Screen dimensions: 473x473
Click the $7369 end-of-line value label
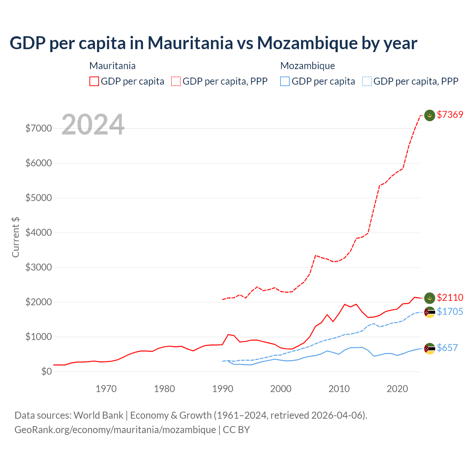(450, 115)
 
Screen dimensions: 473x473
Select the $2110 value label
(450, 297)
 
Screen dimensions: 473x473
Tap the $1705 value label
(450, 312)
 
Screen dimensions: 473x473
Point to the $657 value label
(447, 348)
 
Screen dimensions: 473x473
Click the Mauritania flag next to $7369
(429, 115)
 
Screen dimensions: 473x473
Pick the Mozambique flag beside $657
(429, 348)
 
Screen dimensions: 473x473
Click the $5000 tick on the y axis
(38, 198)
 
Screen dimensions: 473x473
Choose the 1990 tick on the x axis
(223, 389)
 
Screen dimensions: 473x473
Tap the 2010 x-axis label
(339, 389)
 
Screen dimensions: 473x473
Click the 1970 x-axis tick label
(106, 389)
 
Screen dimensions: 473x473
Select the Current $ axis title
(16, 237)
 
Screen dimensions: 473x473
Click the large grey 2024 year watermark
(93, 125)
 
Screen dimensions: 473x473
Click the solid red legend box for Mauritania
(94, 81)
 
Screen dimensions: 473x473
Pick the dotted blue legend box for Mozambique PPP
(367, 81)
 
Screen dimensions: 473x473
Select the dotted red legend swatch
(176, 81)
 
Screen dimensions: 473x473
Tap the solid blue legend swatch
(285, 81)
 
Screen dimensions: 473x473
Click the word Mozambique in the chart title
(306, 43)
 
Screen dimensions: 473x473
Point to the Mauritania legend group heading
(112, 66)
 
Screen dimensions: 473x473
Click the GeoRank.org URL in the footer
(115, 430)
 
